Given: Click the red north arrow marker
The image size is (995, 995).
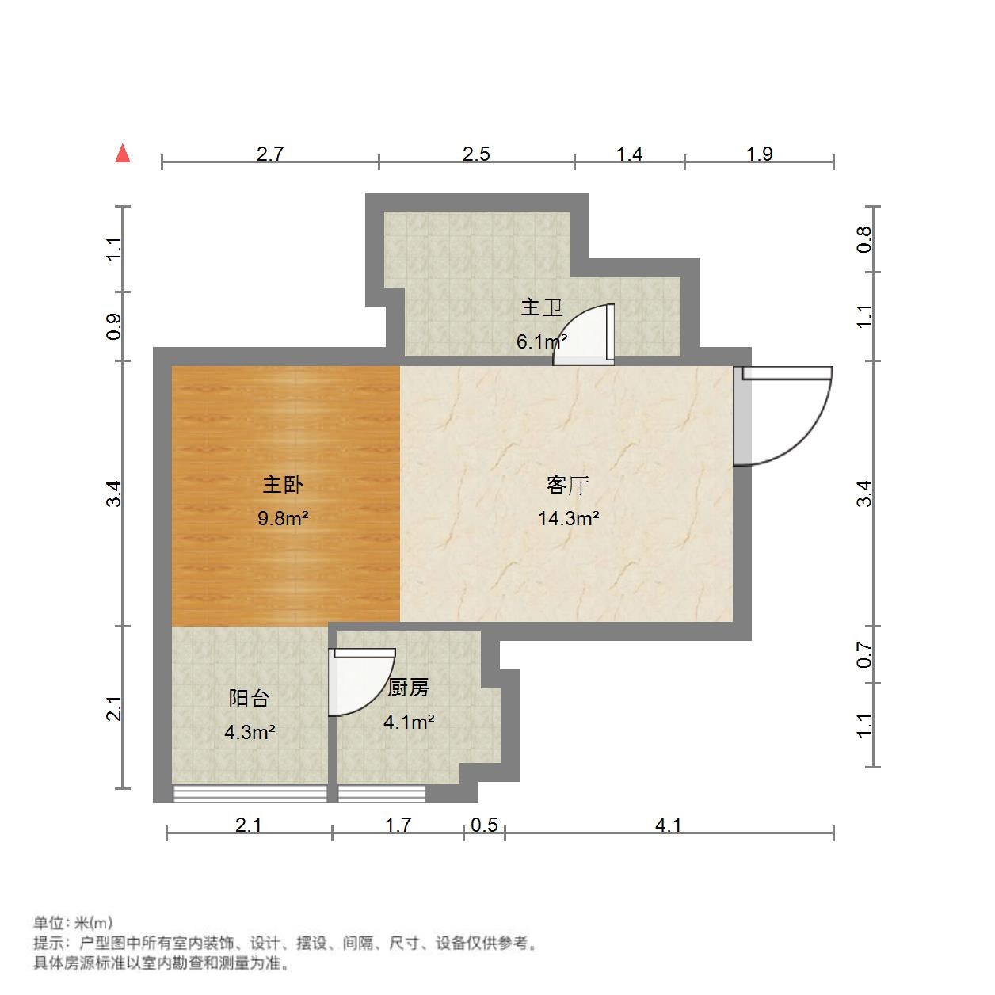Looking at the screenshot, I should coord(122,153).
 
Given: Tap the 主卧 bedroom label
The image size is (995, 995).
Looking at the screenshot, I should coord(283,484).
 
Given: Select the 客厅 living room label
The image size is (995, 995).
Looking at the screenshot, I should coord(568,484).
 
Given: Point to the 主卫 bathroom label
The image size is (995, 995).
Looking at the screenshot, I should coord(541,307).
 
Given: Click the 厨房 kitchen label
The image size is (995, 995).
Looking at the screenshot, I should coord(408,688).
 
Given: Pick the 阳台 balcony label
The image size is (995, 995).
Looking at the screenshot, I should coord(249,698).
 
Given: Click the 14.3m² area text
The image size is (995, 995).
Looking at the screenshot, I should coord(568,519).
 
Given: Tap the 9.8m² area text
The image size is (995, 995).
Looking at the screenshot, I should coord(283,519).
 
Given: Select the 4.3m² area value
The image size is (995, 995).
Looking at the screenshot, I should coord(250,732).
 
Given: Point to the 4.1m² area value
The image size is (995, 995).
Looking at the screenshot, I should coord(409,722).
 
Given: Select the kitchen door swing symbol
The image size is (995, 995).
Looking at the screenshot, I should coord(360,681).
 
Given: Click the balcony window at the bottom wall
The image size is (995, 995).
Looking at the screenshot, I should coord(250,794).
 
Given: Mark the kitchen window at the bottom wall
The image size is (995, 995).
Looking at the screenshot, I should coord(382,794).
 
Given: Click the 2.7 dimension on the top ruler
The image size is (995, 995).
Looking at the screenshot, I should coord(270,154).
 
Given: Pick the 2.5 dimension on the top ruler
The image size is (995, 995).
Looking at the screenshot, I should coord(476,154).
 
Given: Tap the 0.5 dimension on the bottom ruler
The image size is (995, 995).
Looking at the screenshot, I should coord(484,825).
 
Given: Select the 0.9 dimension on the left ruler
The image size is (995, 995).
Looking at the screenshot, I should coord(114,326).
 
